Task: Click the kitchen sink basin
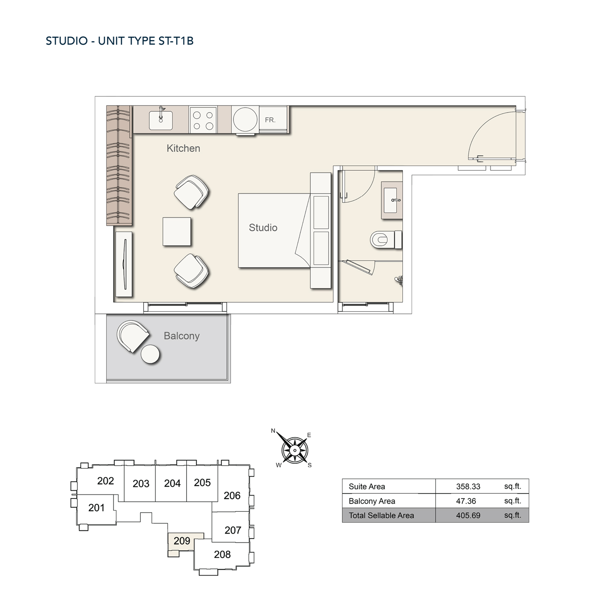[161, 120]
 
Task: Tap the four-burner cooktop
[203, 120]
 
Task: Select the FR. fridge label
[270, 120]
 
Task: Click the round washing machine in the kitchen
[245, 119]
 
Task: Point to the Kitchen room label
[183, 148]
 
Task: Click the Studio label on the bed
[263, 228]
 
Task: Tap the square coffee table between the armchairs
[176, 232]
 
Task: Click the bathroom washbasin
[392, 200]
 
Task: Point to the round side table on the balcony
[150, 354]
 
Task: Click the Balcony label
[181, 336]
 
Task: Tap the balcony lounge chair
[132, 335]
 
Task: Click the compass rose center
[295, 450]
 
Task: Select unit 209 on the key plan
[182, 541]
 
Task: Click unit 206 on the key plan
[232, 495]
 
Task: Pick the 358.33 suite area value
[468, 486]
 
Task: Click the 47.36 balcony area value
[466, 501]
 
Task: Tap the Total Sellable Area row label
[381, 515]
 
